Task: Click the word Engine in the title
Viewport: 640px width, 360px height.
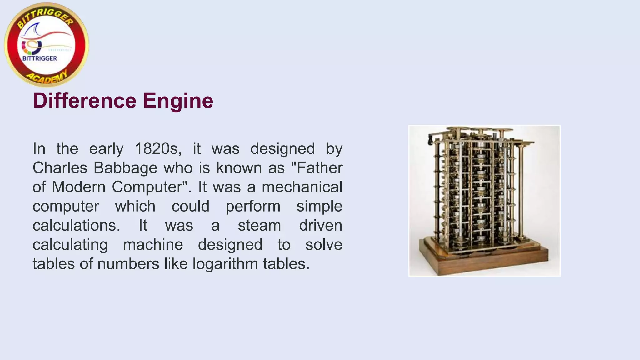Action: coord(178,101)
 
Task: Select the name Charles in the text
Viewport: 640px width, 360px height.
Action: coord(60,168)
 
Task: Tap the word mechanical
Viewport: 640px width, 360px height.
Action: coord(302,187)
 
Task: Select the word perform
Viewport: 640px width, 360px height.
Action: coord(253,207)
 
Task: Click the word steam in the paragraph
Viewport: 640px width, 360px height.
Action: coord(259,226)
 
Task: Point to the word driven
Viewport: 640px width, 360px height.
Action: coord(320,226)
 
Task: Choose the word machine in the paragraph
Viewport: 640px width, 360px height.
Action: coord(153,245)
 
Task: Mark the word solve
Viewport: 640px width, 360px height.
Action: coord(324,245)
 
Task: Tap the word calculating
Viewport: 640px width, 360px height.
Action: coord(70,245)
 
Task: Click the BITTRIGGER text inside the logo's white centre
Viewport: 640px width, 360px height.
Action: coord(40,58)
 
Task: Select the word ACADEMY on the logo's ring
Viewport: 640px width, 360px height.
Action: coord(47,77)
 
